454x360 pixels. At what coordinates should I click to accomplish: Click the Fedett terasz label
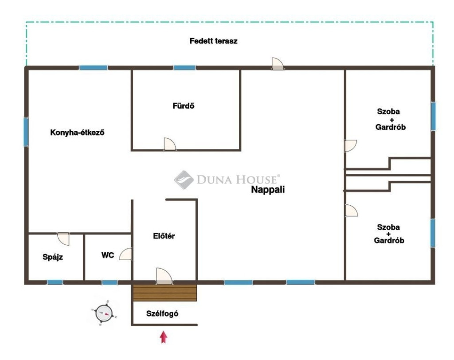(213, 41)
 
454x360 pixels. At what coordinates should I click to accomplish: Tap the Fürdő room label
(183, 106)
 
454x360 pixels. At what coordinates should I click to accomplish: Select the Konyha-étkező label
(77, 133)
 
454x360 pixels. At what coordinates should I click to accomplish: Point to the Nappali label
(268, 190)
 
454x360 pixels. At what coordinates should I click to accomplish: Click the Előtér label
(164, 236)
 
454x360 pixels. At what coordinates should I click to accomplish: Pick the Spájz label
(53, 257)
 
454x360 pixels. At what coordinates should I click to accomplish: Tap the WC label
(107, 255)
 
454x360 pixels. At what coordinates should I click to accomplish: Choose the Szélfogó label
(162, 313)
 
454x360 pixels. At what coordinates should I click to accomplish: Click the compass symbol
(104, 313)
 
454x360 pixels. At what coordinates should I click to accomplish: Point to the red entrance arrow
(164, 337)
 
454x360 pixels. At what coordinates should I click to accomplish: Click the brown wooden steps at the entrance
(165, 293)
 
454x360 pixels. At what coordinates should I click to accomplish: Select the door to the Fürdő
(170, 144)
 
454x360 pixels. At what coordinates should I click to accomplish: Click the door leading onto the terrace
(278, 64)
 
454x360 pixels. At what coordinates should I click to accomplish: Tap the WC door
(125, 254)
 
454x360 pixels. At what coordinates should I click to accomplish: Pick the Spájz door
(63, 239)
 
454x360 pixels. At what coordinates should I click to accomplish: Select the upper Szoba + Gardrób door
(350, 146)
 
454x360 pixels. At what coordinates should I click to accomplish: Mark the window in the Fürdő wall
(184, 68)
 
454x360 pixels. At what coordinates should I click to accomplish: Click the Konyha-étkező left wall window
(26, 132)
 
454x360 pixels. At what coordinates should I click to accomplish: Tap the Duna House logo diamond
(184, 180)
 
